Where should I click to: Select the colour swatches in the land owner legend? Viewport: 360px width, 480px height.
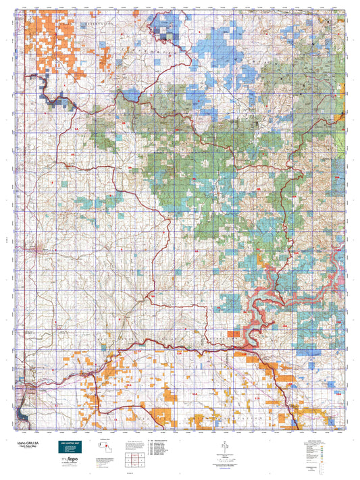tap(323, 449)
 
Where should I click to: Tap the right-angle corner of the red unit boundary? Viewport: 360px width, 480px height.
tap(207, 304)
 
